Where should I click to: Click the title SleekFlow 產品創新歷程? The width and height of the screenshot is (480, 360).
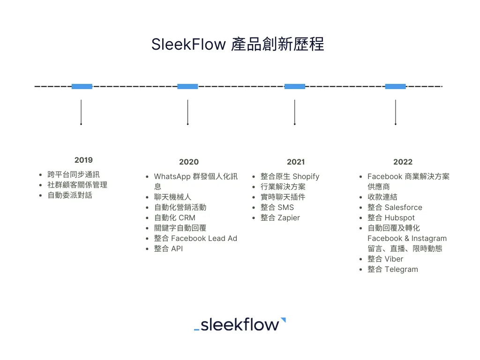tap(238, 45)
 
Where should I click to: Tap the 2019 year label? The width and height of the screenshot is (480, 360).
tap(83, 160)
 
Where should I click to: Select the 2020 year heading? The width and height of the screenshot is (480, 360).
tap(189, 162)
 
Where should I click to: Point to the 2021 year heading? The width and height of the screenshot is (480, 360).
tap(296, 162)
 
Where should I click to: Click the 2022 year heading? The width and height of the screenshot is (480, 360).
tap(403, 162)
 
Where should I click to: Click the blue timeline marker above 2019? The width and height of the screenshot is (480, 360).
tap(82, 86)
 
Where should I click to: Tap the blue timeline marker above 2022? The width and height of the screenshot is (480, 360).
tap(395, 86)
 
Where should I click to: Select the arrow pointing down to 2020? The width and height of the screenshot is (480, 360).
tap(187, 112)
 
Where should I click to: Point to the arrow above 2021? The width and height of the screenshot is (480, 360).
tap(294, 112)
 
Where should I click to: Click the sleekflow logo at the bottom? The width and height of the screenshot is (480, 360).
tap(240, 324)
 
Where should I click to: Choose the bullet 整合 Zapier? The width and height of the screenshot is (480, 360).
tap(280, 217)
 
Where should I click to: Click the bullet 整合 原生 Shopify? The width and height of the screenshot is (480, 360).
tap(290, 176)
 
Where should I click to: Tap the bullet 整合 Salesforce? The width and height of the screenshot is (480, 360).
tap(395, 207)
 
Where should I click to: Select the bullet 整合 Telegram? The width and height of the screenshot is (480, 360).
tap(392, 269)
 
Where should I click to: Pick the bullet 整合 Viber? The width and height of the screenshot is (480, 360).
tap(385, 259)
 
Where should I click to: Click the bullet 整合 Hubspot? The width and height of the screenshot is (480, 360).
tap(391, 217)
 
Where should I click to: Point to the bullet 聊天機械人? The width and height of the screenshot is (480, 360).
tap(172, 197)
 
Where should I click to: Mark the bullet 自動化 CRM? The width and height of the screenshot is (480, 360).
tap(174, 217)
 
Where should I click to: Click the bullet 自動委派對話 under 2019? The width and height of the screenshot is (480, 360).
tap(70, 195)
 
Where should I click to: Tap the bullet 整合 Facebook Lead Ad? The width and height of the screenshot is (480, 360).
tap(195, 238)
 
